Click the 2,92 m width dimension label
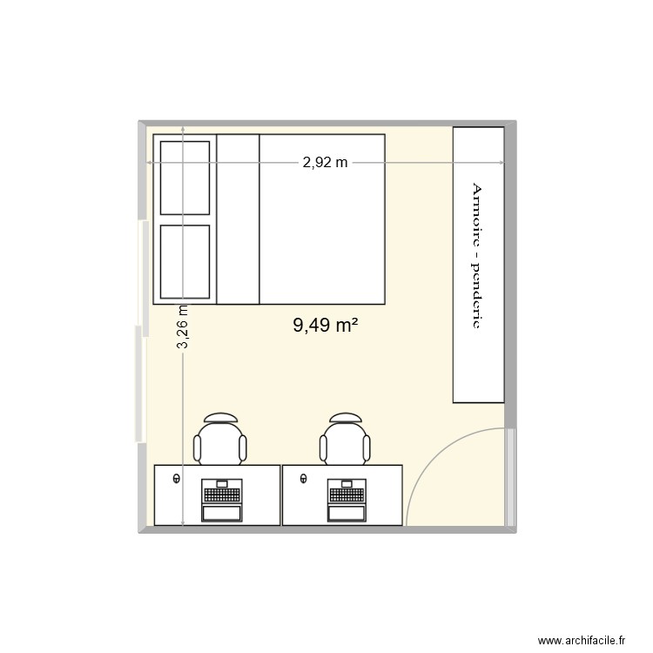[325, 162]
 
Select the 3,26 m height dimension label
[184, 327]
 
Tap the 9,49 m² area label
[326, 326]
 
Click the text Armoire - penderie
[477, 255]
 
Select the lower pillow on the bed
[185, 261]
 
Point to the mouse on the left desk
[178, 478]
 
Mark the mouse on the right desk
[303, 478]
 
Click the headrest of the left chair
[221, 417]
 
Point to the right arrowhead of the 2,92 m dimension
[501, 163]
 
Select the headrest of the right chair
[346, 417]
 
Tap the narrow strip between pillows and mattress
[238, 219]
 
